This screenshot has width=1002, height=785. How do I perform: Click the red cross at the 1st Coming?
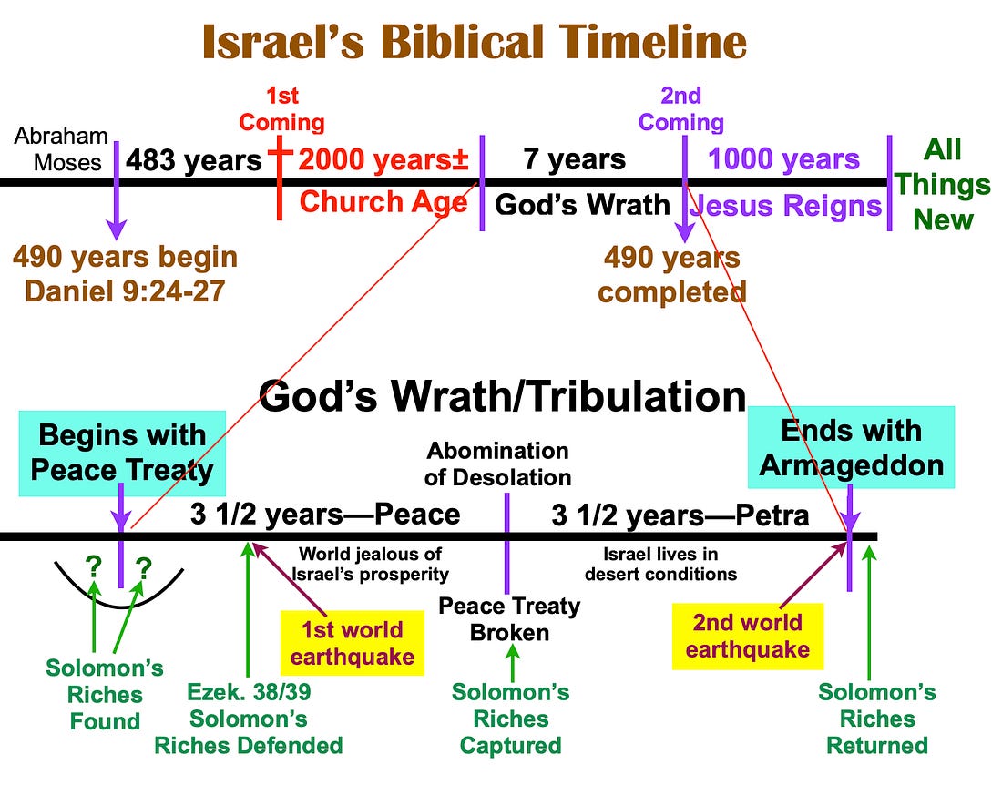pos(280,178)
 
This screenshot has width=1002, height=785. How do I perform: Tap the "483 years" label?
pos(194,160)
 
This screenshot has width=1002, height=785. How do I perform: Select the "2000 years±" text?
pos(383,159)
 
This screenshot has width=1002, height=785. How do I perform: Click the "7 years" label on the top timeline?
pos(574,159)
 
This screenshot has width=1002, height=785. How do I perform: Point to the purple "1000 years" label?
pos(784,159)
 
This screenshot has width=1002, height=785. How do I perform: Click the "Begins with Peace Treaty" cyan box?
pos(122,453)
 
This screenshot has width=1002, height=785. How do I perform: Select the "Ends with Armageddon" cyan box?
pos(851,448)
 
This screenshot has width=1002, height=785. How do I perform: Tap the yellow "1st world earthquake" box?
pos(353,643)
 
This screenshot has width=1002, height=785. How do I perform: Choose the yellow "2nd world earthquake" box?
pos(748,637)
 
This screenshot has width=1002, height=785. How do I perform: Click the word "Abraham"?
pos(61,136)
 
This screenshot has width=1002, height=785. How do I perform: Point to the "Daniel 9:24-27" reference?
pos(125,291)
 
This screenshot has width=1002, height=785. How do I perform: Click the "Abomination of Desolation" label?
pos(497,464)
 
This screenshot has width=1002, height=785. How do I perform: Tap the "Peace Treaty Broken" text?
pos(509,619)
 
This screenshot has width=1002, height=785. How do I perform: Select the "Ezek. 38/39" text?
pos(249,692)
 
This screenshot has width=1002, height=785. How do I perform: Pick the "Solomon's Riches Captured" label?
pos(511,719)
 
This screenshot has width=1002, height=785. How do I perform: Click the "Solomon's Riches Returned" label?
pos(877,719)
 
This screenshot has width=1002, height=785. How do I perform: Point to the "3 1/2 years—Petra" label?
pos(680,515)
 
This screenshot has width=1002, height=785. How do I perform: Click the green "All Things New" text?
pos(943,185)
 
